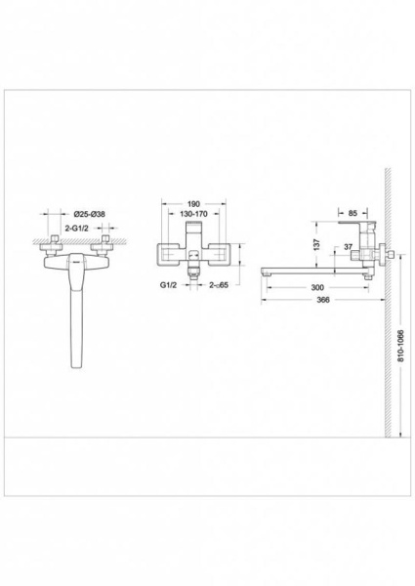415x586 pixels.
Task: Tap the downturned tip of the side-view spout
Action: [266, 278]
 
